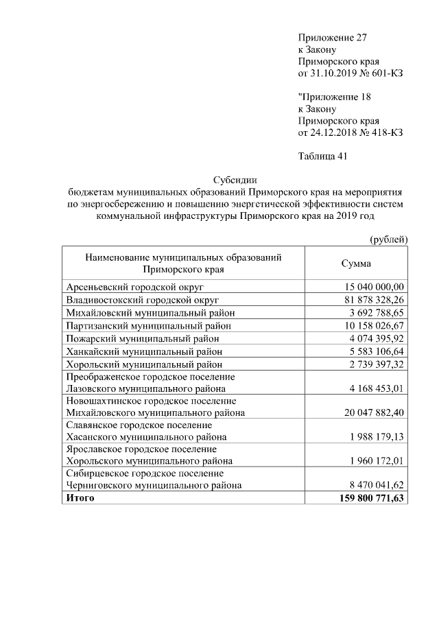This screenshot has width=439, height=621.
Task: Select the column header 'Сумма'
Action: pos(356,263)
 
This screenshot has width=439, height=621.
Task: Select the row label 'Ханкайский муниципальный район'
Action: pos(145,351)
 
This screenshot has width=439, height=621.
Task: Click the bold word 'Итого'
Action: pos(80,498)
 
